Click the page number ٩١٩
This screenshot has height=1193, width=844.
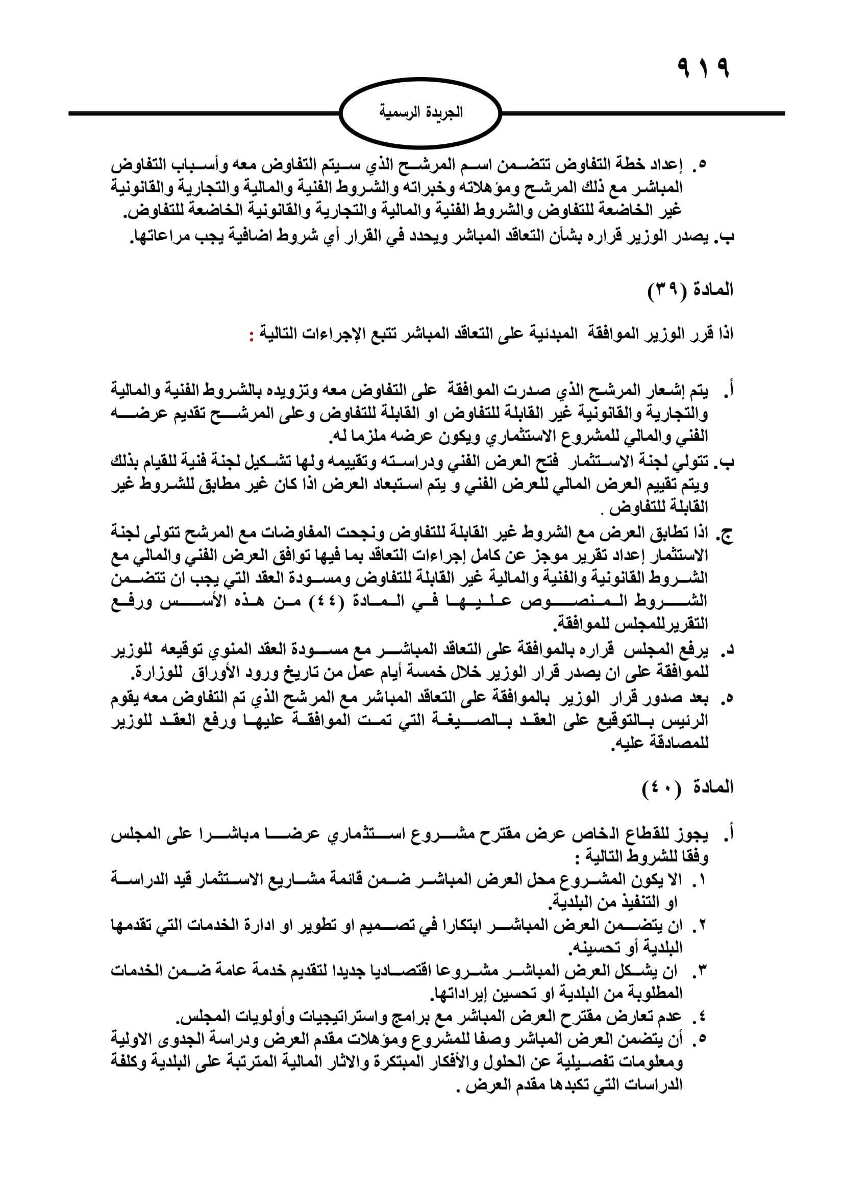(x=704, y=68)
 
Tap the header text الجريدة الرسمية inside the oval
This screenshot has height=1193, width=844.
(x=420, y=112)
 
